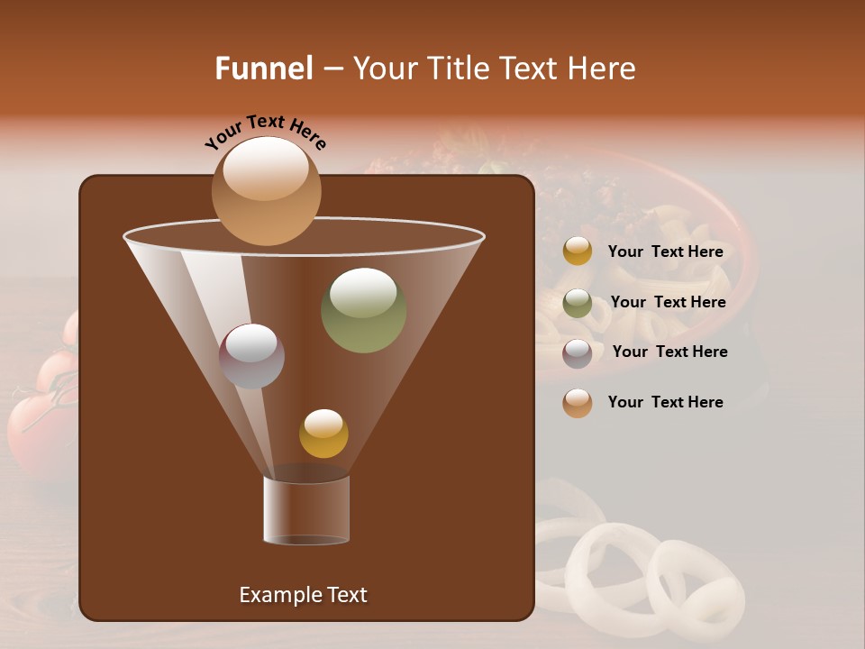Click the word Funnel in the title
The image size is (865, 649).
pyautogui.click(x=264, y=69)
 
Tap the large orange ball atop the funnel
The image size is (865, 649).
pyautogui.click(x=266, y=191)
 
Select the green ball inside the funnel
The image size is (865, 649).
pyautogui.click(x=363, y=310)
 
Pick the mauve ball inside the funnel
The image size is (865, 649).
pyautogui.click(x=251, y=356)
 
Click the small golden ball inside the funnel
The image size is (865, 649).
pyautogui.click(x=323, y=434)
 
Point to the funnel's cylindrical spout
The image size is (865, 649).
pyautogui.click(x=306, y=510)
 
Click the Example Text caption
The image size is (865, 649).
pyautogui.click(x=303, y=595)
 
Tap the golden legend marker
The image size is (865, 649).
pyautogui.click(x=578, y=251)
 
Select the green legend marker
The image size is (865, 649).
pyautogui.click(x=578, y=303)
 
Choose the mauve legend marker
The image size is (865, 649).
pyautogui.click(x=578, y=353)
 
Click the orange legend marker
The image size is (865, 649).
pyautogui.click(x=578, y=403)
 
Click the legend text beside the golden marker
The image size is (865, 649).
pyautogui.click(x=665, y=252)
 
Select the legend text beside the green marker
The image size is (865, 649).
pyautogui.click(x=668, y=302)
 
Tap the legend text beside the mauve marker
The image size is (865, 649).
pyautogui.click(x=669, y=352)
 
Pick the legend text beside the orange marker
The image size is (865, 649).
pyautogui.click(x=665, y=402)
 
